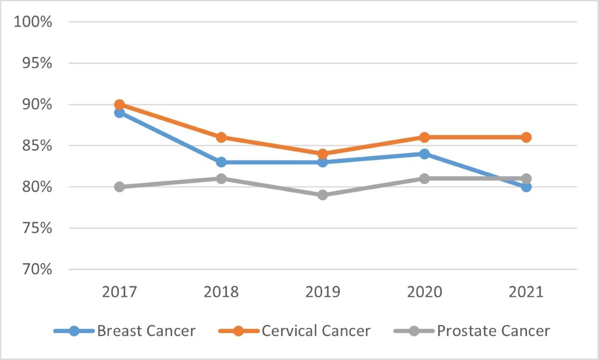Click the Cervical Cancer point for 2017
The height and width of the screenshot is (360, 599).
point(119,105)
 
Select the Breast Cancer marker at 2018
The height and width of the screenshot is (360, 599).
point(221,162)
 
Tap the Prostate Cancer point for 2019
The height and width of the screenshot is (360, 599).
point(323,195)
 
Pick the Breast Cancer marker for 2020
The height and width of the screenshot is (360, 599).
point(424,154)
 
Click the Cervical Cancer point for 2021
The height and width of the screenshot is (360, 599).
point(526,137)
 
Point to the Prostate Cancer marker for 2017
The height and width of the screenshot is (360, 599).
point(119,187)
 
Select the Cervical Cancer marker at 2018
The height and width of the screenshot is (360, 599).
point(221,137)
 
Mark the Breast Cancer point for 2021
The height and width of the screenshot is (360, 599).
point(526,187)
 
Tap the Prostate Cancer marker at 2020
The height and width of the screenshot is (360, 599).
point(424,178)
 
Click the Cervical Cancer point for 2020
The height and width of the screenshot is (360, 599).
point(424,137)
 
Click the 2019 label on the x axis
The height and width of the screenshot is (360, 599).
point(323,292)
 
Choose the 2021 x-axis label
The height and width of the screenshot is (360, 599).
point(526,292)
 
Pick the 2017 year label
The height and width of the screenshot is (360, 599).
point(119,292)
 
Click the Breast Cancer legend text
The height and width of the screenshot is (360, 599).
point(146,331)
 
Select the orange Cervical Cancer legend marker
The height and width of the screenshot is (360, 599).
point(239,331)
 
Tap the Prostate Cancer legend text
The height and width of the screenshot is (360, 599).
point(493,331)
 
